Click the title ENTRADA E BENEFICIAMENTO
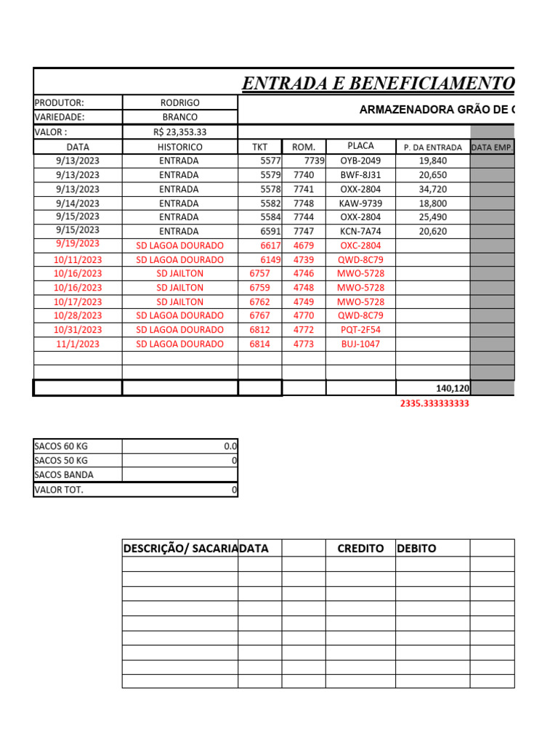click(x=378, y=84)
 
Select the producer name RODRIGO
click(x=179, y=103)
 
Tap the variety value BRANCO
click(x=179, y=117)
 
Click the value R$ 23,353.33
click(x=179, y=132)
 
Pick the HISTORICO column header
click(x=179, y=147)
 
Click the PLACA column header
click(x=360, y=146)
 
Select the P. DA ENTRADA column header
click(x=432, y=147)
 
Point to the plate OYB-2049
click(x=360, y=161)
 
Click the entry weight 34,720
click(x=433, y=189)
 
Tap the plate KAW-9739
click(x=360, y=203)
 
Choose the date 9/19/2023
click(x=78, y=244)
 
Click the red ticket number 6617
click(x=270, y=246)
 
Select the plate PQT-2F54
click(x=360, y=330)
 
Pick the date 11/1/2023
click(x=78, y=344)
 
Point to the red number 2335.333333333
click(x=434, y=404)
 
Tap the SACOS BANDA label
click(x=64, y=475)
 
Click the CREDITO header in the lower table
click(x=360, y=549)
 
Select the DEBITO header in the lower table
click(x=416, y=549)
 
